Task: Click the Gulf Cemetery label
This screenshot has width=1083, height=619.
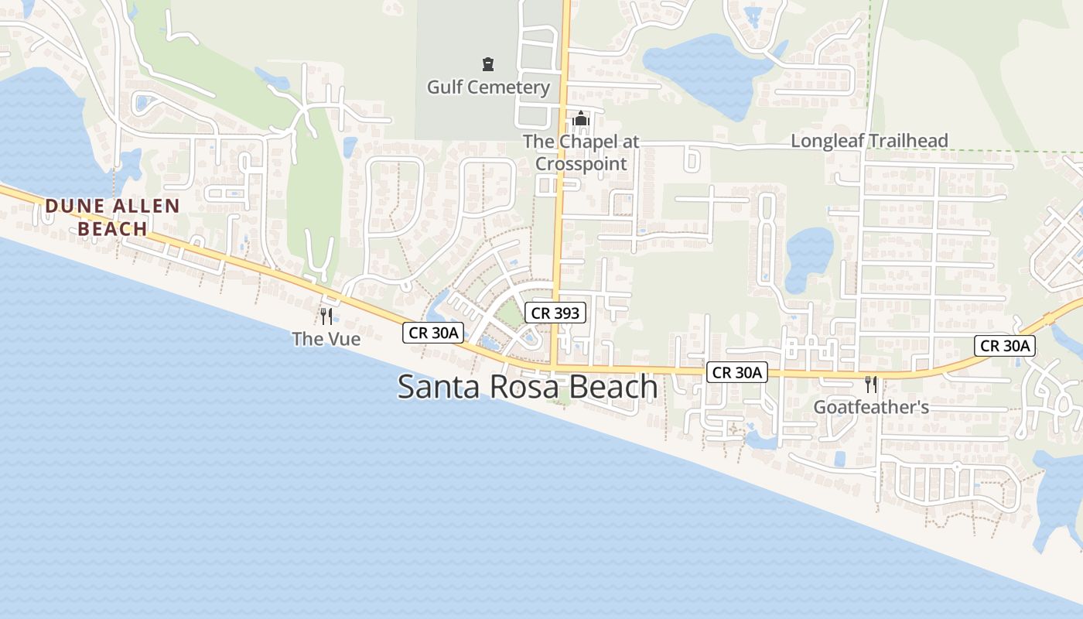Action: pyautogui.click(x=488, y=87)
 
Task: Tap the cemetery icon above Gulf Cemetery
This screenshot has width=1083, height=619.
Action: pyautogui.click(x=488, y=63)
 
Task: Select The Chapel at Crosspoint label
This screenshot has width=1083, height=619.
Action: pyautogui.click(x=581, y=152)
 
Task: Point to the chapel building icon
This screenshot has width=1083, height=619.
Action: pyautogui.click(x=581, y=120)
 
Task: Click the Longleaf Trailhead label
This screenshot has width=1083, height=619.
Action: pyautogui.click(x=869, y=141)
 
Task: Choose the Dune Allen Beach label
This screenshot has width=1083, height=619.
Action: pyautogui.click(x=112, y=217)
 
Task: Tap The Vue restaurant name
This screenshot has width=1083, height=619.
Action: pyautogui.click(x=326, y=338)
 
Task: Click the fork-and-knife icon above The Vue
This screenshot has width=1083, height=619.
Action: pyautogui.click(x=326, y=316)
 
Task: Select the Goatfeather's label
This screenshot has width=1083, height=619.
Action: pyautogui.click(x=871, y=407)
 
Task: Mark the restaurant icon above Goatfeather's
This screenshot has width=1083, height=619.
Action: pyautogui.click(x=871, y=384)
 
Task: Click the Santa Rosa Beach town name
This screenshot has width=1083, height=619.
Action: pyautogui.click(x=527, y=386)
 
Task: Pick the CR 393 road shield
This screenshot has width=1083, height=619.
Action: pyautogui.click(x=555, y=313)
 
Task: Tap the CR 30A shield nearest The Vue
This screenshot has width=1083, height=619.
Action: pyautogui.click(x=433, y=333)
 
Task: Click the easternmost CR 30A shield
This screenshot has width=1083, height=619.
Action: pyautogui.click(x=1005, y=346)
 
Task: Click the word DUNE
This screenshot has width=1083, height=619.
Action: pyautogui.click(x=74, y=207)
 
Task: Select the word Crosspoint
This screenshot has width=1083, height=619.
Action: pyautogui.click(x=581, y=164)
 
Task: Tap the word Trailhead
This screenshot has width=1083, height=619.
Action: pyautogui.click(x=909, y=141)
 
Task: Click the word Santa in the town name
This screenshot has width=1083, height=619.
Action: pyautogui.click(x=437, y=386)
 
